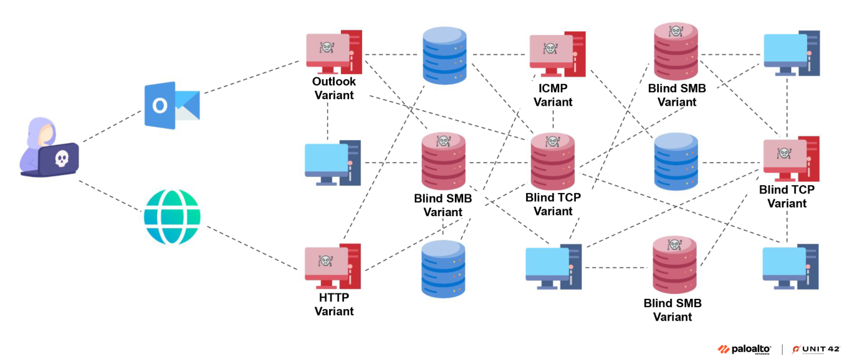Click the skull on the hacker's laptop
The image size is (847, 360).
(62, 158)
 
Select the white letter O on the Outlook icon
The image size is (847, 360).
(159, 105)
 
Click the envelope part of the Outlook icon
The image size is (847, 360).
(187, 105)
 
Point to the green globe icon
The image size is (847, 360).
(172, 217)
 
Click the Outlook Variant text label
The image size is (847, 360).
(334, 88)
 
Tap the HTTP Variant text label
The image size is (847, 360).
(334, 304)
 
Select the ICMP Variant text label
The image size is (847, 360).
(553, 95)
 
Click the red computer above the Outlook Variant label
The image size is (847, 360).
(334, 52)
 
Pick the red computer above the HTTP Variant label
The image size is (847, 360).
(333, 266)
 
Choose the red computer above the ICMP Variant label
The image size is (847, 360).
(557, 54)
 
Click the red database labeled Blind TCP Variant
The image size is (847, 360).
(553, 162)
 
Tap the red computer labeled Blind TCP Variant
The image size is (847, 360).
(791, 159)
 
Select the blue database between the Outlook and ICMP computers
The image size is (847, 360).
(444, 55)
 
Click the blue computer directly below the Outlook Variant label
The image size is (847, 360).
(333, 163)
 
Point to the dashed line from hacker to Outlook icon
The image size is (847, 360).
(112, 126)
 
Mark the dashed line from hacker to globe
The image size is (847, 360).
(109, 196)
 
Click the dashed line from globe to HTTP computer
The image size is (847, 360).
(252, 248)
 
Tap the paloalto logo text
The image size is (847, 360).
(750, 349)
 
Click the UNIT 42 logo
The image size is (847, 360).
(816, 349)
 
